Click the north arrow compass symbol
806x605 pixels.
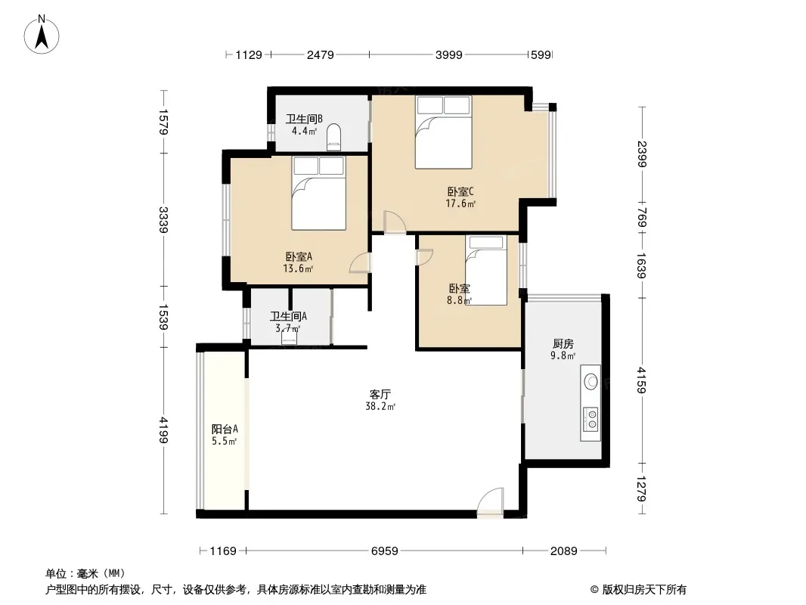click(42, 35)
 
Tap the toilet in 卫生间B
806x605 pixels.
click(333, 137)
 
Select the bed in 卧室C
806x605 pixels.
click(444, 132)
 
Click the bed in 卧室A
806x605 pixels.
click(319, 193)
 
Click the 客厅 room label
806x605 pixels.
click(380, 394)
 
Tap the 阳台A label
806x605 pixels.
click(225, 429)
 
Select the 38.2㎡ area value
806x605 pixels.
click(380, 407)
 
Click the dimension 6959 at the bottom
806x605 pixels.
click(385, 551)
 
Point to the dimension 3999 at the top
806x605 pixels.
click(449, 54)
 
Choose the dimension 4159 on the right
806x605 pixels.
click(641, 380)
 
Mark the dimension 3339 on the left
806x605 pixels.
click(163, 219)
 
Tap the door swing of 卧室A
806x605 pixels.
click(359, 262)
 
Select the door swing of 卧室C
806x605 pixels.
click(395, 222)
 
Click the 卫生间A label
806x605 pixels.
click(288, 316)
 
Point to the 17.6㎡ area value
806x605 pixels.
click(460, 203)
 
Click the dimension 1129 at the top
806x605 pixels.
click(249, 54)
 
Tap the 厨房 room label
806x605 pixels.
click(563, 343)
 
